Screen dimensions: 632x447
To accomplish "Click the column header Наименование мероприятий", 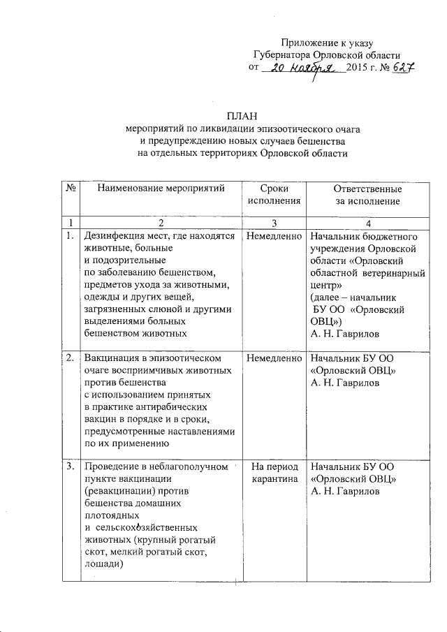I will [x=161, y=189].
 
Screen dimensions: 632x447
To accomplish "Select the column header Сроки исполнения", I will [x=273, y=195].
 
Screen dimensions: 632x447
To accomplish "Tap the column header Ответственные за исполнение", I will [x=367, y=195].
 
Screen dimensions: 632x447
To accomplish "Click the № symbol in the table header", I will [x=71, y=189].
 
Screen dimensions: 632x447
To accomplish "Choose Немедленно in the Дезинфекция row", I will [x=273, y=236].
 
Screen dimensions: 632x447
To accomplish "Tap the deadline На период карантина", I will [x=274, y=473].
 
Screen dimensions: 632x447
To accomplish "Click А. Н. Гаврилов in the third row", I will [x=345, y=492].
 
